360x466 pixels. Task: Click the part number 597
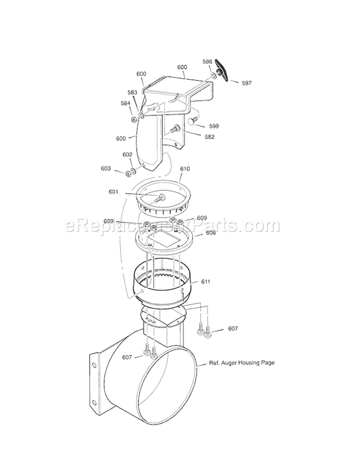(x=246, y=83)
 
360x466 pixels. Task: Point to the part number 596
(x=207, y=61)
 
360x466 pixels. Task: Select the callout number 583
(x=132, y=92)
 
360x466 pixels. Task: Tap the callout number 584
(x=125, y=103)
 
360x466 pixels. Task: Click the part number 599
(x=214, y=126)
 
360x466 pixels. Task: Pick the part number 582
(x=210, y=137)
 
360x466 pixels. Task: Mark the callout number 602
(x=127, y=155)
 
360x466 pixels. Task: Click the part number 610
(x=185, y=169)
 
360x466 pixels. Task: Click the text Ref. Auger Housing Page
(x=242, y=363)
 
